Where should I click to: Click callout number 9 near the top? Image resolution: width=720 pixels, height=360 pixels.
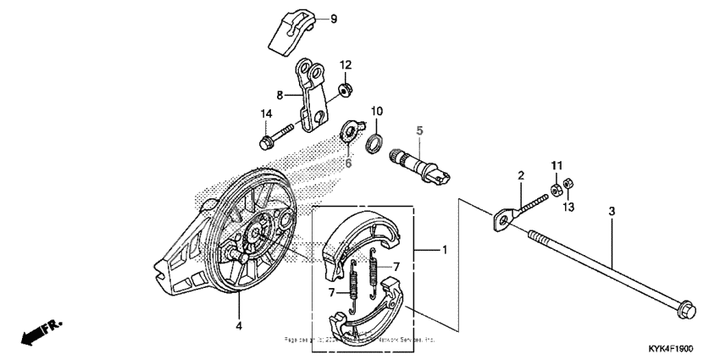tap(309, 19)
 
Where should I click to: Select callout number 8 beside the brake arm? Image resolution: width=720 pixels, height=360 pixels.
tap(279, 95)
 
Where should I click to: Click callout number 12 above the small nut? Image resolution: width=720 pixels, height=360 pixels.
tap(346, 65)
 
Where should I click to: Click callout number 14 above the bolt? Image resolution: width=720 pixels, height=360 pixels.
tap(266, 114)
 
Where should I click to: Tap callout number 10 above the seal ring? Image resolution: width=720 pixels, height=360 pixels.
tap(378, 111)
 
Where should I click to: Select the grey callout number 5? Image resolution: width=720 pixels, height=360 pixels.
tap(418, 130)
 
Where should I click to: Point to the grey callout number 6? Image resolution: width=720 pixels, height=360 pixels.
tap(347, 163)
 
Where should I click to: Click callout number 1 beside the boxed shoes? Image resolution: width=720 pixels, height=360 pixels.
tap(442, 251)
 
